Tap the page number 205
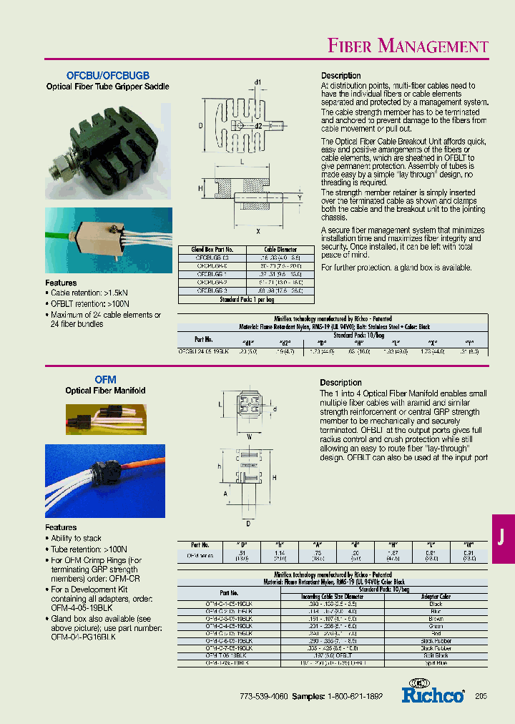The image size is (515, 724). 481,696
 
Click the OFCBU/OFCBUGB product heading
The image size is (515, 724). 108,75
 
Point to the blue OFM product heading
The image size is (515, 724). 105,380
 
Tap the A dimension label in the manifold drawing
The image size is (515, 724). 227,493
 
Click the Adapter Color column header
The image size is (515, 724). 436,596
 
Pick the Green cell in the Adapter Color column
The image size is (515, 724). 436,626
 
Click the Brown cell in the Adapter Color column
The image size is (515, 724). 436,618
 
